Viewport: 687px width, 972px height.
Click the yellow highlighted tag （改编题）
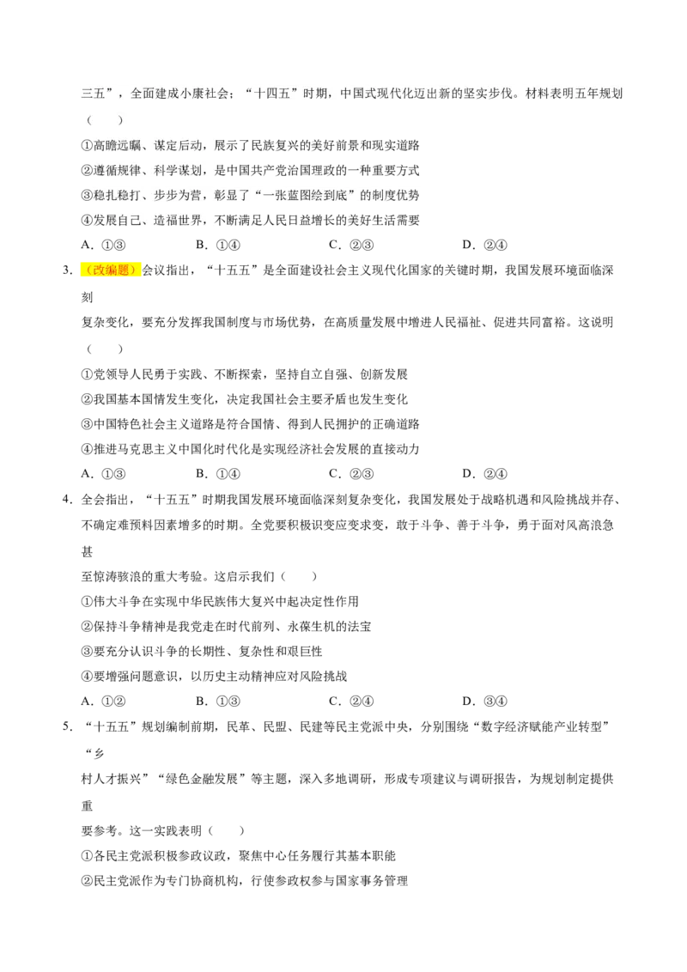[111, 270]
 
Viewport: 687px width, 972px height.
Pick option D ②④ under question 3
[485, 474]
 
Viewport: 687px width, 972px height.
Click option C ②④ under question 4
[351, 702]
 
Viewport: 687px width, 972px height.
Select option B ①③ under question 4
[218, 702]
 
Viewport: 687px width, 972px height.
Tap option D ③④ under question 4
[485, 702]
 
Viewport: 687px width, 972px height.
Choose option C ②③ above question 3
[351, 245]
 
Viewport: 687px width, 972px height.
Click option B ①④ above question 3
[218, 245]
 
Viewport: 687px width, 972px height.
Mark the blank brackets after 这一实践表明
[227, 830]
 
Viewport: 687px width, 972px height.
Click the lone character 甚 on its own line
[87, 552]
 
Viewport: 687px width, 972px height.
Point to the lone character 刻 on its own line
[87, 298]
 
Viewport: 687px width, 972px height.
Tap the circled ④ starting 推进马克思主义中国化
[87, 449]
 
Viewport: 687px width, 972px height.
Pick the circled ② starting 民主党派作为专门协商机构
[87, 881]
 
